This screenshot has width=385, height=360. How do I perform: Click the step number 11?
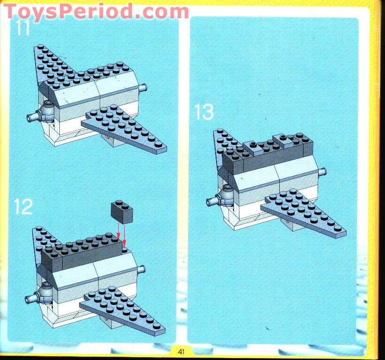coord(22,28)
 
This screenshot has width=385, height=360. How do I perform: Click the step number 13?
coord(204,112)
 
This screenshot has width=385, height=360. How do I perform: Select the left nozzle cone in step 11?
coord(36,116)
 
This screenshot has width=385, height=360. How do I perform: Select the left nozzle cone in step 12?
coord(34,297)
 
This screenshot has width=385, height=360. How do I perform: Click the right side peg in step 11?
coord(145,87)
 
